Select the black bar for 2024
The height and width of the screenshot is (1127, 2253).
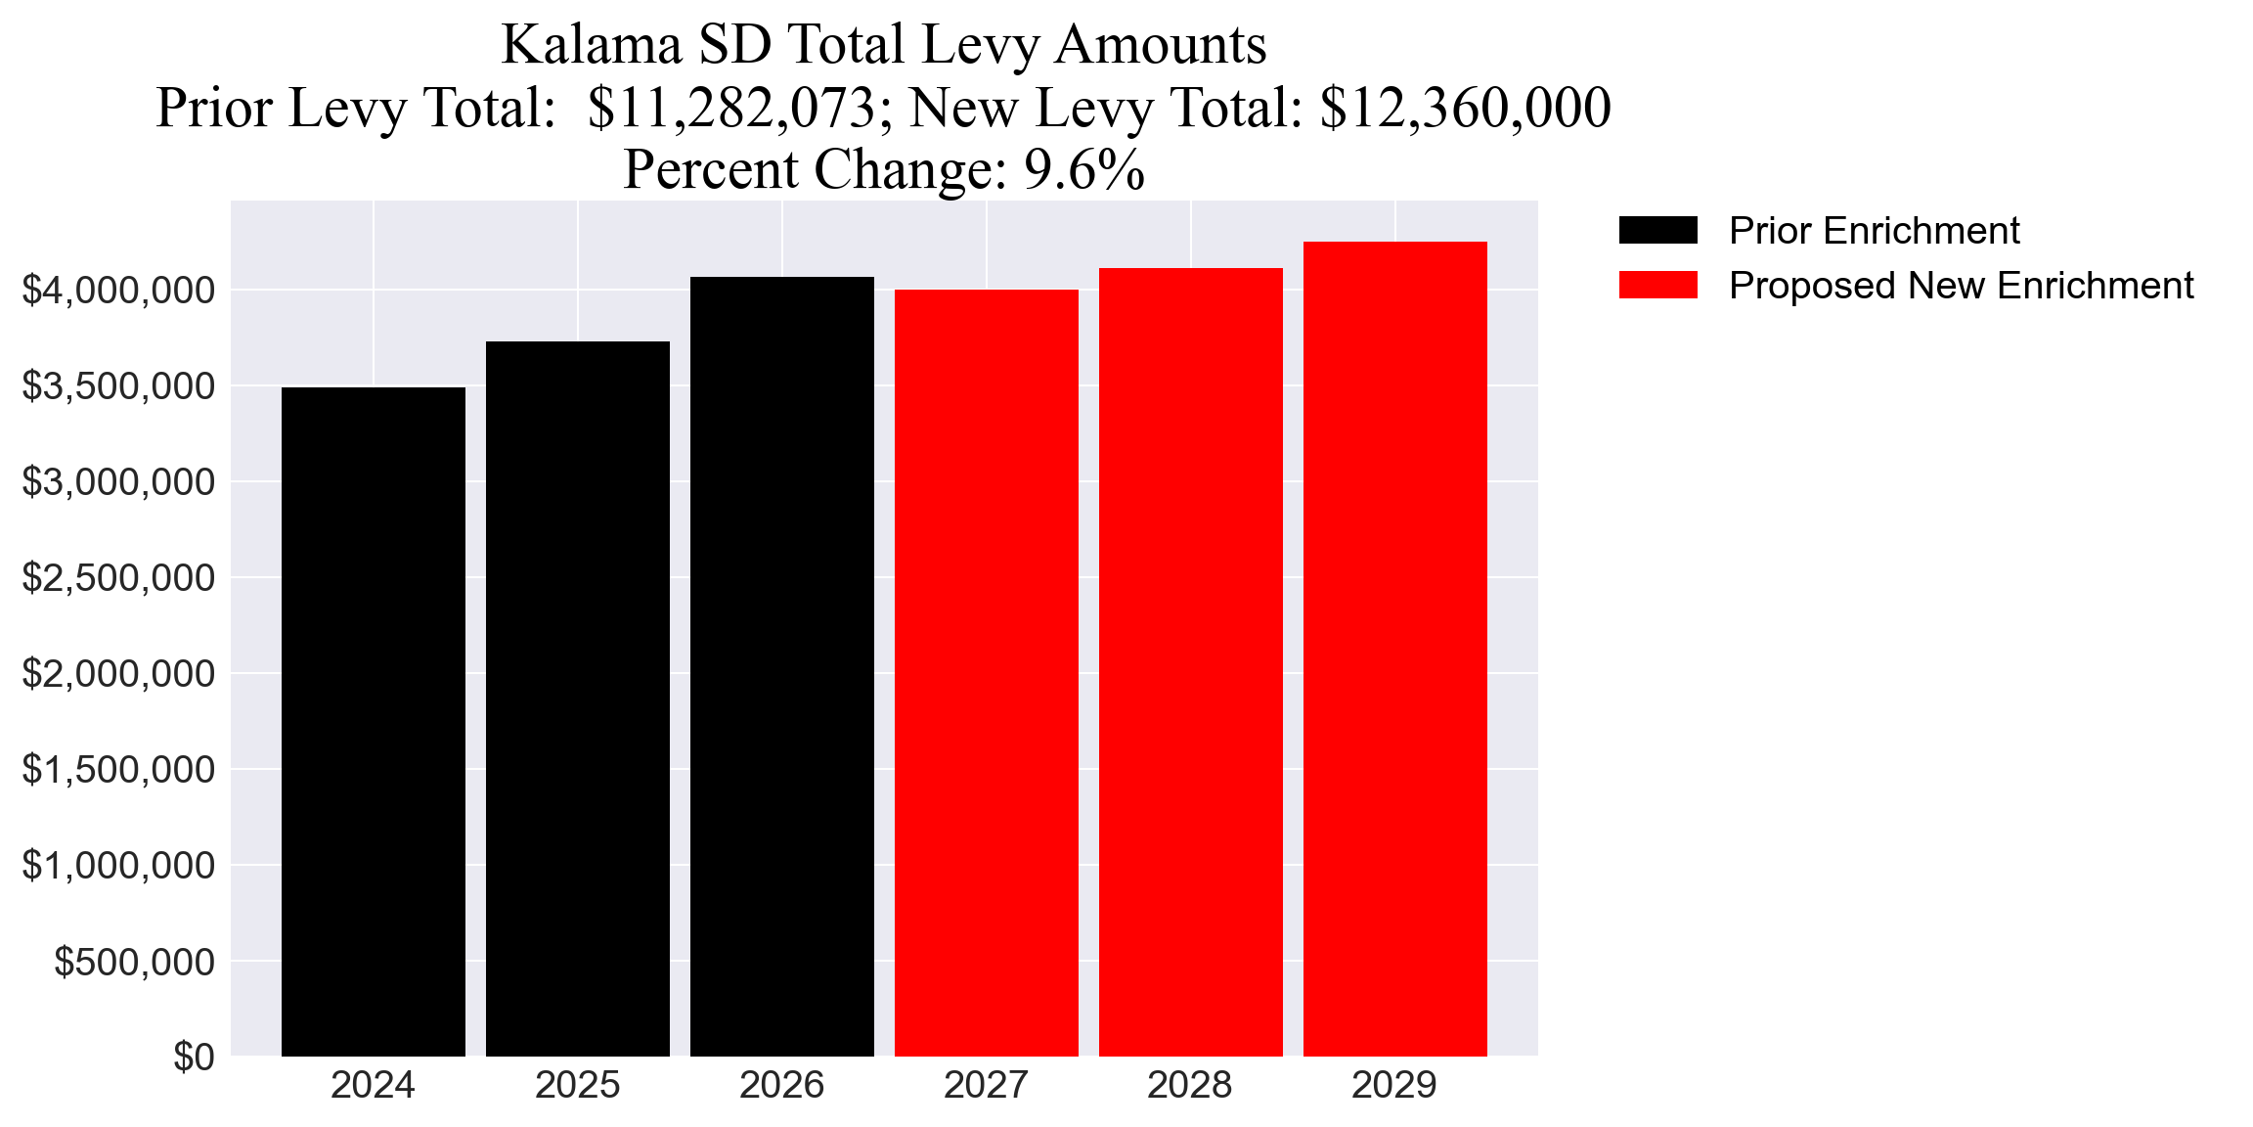[x=373, y=721]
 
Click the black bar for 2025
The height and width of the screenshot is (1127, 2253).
[x=577, y=699]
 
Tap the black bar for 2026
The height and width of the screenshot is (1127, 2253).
[x=781, y=666]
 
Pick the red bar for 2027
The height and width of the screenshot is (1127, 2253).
[x=986, y=672]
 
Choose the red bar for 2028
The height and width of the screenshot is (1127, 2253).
[x=1190, y=661]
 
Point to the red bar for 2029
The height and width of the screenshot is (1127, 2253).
[x=1394, y=649]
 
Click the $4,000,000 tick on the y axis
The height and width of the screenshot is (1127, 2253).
[x=118, y=291]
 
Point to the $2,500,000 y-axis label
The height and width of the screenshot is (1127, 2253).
[x=118, y=578]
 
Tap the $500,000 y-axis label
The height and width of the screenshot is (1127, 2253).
[x=134, y=962]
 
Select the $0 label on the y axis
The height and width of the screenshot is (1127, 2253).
[x=194, y=1058]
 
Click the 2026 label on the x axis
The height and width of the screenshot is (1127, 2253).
[x=781, y=1086]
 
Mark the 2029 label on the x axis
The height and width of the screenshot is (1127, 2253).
[x=1394, y=1086]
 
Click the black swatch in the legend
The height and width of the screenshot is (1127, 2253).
[x=1657, y=231]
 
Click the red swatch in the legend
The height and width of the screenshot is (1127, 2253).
[x=1657, y=286]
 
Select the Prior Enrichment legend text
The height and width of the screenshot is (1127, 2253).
[x=1874, y=231]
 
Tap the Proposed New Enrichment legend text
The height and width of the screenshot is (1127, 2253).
[x=1961, y=286]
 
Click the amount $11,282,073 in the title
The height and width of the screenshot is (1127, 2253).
[x=731, y=108]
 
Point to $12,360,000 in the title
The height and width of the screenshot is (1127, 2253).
[x=1464, y=108]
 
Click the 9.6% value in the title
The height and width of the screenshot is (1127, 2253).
[x=1083, y=169]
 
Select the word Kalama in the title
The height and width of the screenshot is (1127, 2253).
[x=592, y=45]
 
